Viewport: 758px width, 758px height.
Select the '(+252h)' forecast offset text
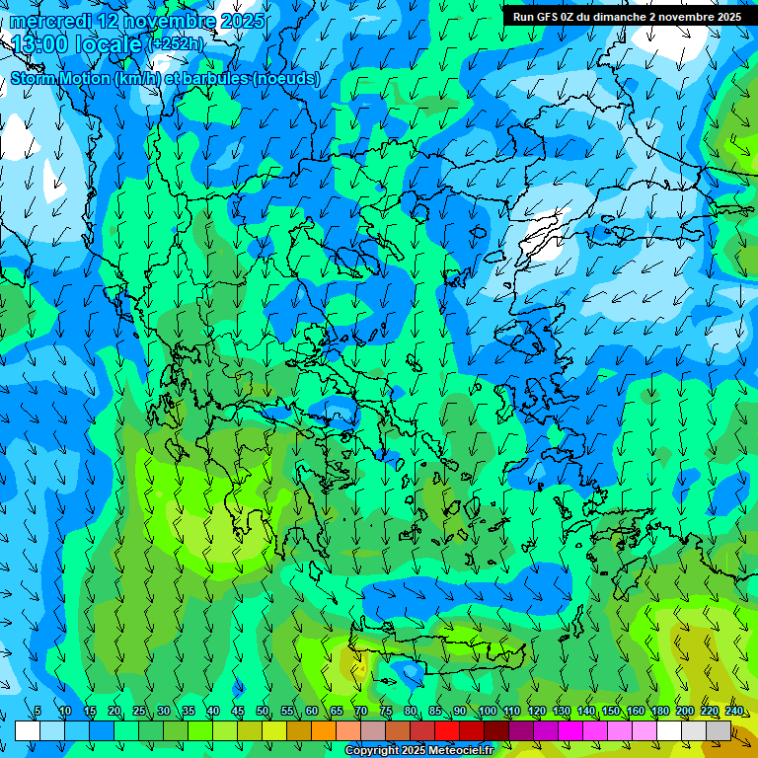tap(175, 44)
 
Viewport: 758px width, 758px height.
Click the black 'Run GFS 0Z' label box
tap(628, 17)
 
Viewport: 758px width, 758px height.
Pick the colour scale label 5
tap(38, 711)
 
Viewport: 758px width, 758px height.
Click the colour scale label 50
tap(263, 711)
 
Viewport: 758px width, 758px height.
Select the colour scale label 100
tap(487, 711)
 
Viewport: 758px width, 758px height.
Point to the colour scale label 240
tap(733, 711)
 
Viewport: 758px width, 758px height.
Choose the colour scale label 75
tap(386, 711)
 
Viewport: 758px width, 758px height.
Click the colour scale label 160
tap(635, 711)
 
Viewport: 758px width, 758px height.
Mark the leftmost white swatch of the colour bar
tap(28, 730)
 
